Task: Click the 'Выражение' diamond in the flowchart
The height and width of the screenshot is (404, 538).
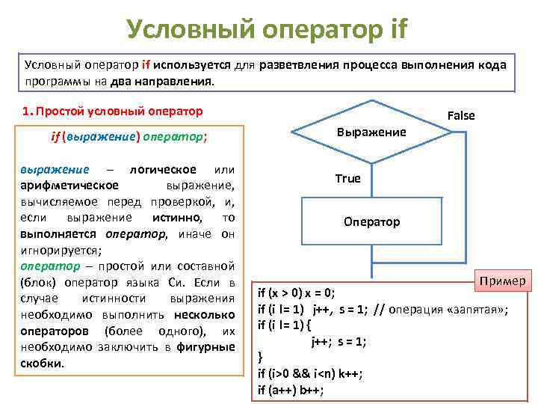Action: click(x=371, y=132)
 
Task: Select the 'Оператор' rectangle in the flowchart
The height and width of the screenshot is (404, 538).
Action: click(x=371, y=221)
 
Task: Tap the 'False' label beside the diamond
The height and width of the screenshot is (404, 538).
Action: click(x=460, y=115)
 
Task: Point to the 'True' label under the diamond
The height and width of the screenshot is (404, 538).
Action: click(x=347, y=178)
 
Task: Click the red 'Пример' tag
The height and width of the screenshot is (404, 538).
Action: click(x=503, y=281)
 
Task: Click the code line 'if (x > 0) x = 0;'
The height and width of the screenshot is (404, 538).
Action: click(x=297, y=293)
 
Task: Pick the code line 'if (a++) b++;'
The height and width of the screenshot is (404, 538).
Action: click(x=291, y=390)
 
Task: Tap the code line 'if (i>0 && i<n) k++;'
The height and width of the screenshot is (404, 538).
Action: click(x=310, y=373)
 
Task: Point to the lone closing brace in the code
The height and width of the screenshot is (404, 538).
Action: click(x=260, y=357)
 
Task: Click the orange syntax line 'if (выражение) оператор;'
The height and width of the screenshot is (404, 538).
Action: click(x=129, y=138)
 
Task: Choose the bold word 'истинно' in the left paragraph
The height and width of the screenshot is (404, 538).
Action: click(x=177, y=217)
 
